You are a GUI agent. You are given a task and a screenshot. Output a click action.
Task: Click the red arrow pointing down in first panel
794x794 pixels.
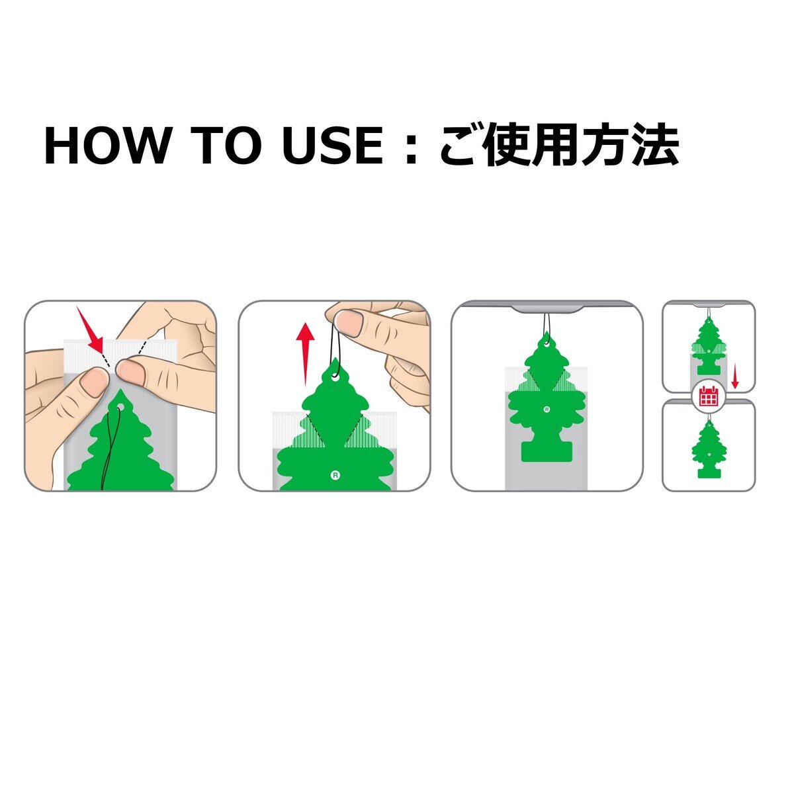pos(91,330)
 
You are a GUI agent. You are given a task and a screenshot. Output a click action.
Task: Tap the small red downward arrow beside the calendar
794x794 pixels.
pos(735,378)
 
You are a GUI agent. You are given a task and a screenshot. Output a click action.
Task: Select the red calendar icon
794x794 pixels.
pos(708,396)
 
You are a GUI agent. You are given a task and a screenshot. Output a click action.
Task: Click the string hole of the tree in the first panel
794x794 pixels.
pos(120,407)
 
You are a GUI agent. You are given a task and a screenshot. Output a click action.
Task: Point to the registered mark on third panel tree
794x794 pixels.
pos(547,410)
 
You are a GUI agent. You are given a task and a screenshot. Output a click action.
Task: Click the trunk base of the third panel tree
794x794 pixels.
pos(547,452)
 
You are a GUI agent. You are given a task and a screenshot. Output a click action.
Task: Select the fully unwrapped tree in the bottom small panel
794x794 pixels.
pos(709,450)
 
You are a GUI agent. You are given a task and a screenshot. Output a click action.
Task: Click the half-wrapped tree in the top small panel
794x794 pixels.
pos(709,349)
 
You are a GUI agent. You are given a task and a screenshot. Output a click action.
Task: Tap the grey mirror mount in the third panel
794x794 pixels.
pos(547,308)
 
